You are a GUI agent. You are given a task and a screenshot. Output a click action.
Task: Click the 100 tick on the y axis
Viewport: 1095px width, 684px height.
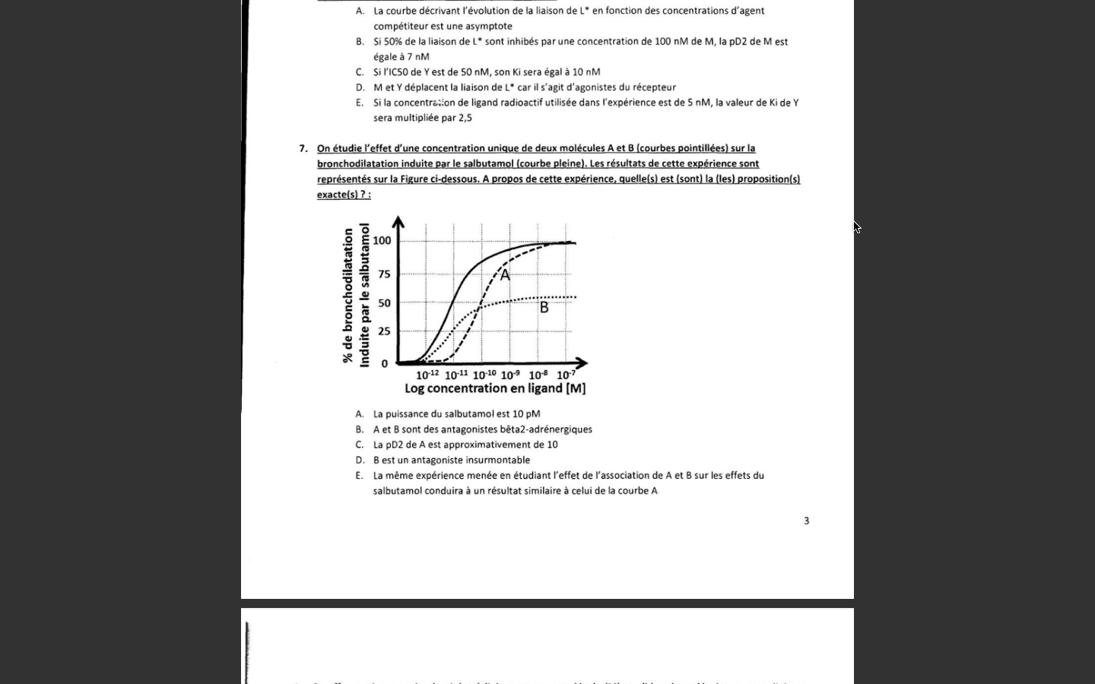382,241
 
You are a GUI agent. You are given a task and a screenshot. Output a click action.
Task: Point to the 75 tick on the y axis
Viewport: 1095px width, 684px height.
384,274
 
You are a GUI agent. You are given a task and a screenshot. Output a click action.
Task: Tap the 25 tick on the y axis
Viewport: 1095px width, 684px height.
384,331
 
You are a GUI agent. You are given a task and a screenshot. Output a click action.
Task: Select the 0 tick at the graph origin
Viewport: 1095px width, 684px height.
385,364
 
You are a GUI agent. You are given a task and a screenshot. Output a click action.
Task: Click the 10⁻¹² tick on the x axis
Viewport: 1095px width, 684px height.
427,375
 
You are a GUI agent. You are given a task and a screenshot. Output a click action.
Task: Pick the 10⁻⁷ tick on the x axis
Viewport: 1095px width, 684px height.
566,375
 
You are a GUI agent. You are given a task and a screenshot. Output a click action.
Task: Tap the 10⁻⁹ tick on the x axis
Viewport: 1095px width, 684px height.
510,375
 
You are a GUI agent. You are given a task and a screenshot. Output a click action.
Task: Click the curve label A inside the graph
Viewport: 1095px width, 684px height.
505,275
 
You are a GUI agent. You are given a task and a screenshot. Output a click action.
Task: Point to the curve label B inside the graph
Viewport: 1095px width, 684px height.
544,308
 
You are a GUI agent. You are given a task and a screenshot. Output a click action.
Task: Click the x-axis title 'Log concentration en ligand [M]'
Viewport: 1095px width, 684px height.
495,388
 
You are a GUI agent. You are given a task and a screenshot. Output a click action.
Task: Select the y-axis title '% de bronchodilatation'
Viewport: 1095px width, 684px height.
348,295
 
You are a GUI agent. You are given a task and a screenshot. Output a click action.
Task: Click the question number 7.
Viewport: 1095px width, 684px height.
303,148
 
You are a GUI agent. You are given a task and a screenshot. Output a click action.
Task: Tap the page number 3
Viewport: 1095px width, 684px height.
807,521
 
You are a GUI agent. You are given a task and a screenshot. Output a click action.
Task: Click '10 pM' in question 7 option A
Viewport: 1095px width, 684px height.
526,414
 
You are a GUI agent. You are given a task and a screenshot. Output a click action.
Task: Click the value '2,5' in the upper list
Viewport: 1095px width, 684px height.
465,118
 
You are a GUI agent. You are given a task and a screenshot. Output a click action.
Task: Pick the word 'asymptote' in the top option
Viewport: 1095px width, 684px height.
488,26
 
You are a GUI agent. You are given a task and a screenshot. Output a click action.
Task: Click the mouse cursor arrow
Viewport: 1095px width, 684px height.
856,226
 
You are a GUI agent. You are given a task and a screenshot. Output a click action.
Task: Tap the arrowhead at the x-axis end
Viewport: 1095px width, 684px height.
582,363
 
